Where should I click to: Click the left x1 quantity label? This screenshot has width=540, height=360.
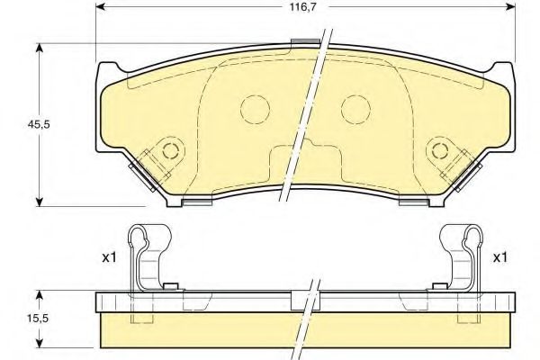(109, 257)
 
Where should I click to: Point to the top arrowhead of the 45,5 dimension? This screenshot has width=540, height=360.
(40, 47)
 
